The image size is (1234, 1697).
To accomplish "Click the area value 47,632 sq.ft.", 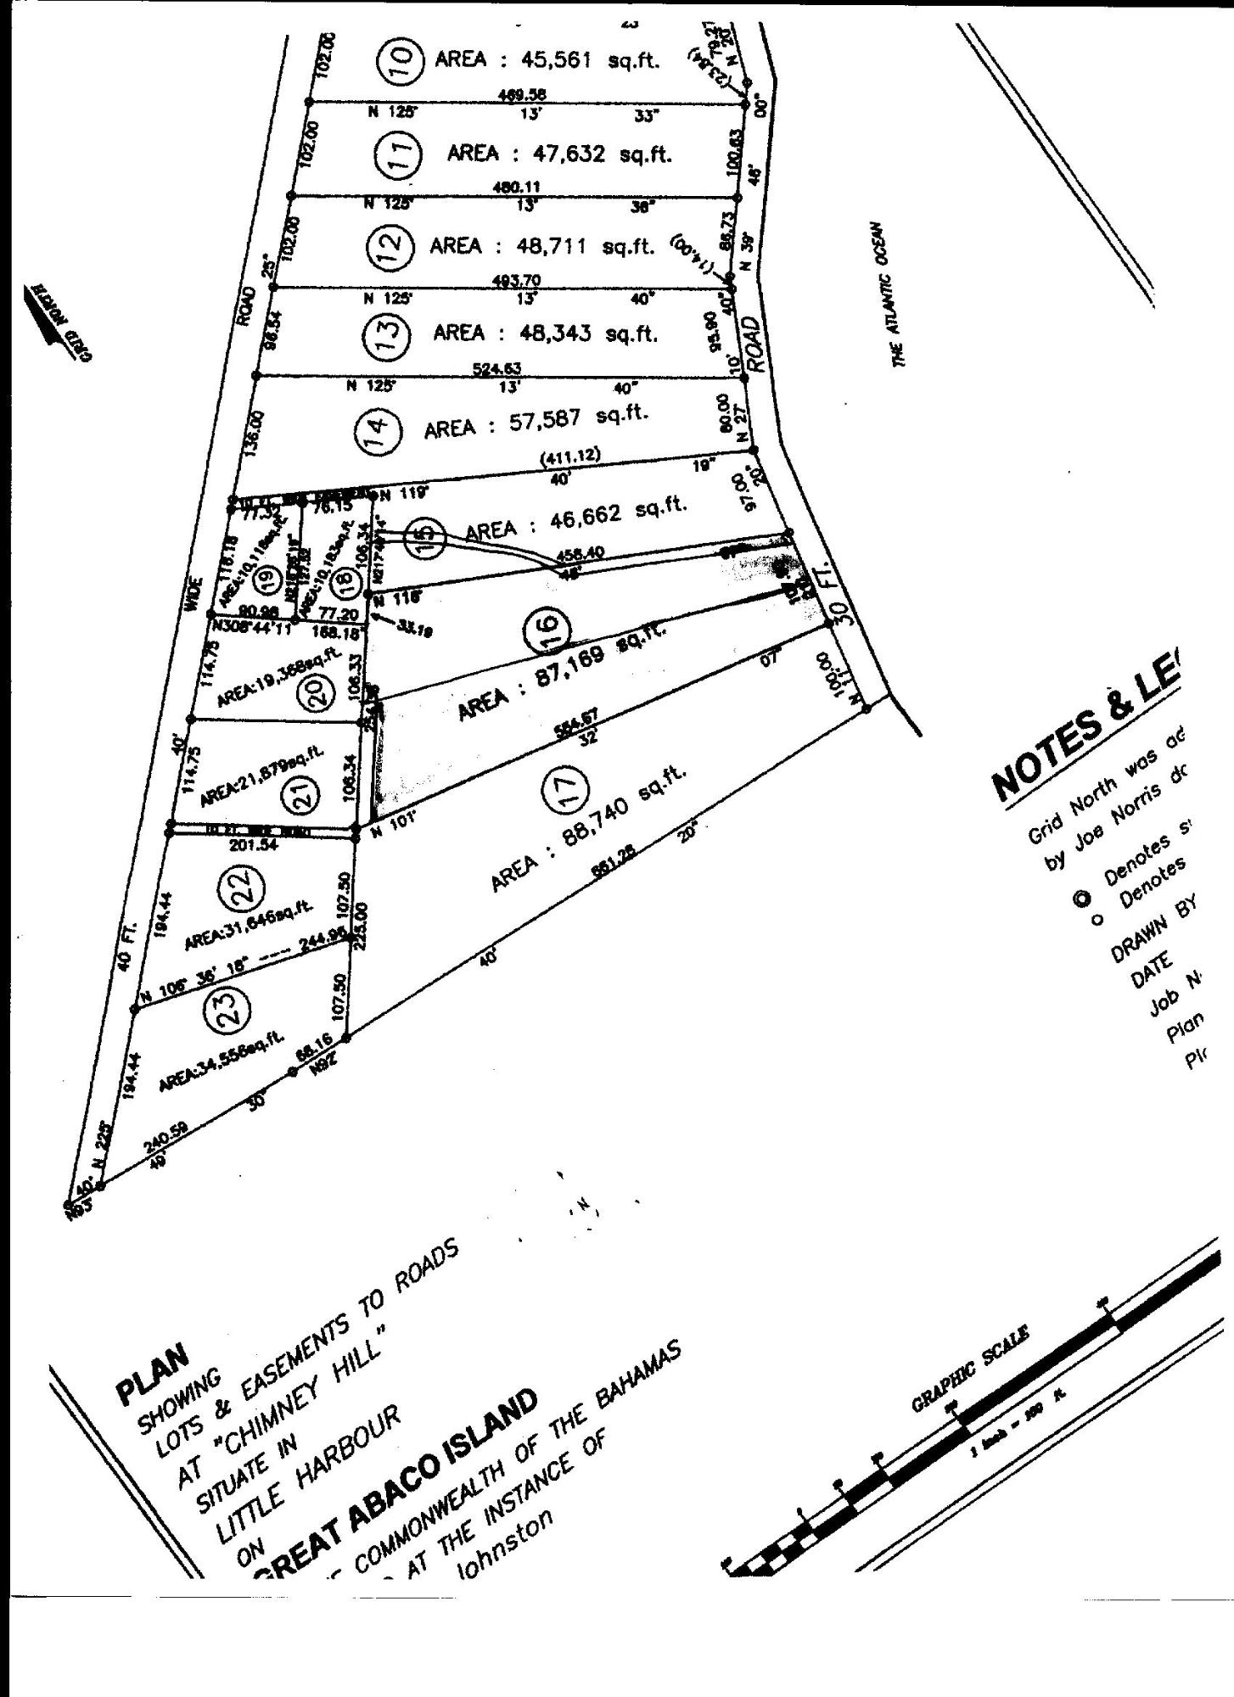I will click(x=602, y=154).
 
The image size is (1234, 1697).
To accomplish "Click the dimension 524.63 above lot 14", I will click(x=496, y=368).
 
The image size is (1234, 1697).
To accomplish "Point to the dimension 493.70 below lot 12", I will click(x=512, y=280).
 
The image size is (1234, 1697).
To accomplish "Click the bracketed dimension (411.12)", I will click(x=570, y=456).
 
